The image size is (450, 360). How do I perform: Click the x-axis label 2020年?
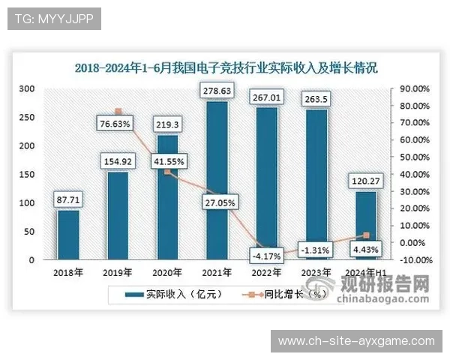click(168, 272)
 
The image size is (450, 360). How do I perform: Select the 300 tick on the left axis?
click(27, 88)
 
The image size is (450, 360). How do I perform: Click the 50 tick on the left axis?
click(29, 232)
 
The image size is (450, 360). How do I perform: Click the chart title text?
click(226, 67)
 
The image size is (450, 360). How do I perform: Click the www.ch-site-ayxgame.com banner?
click(356, 341)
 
